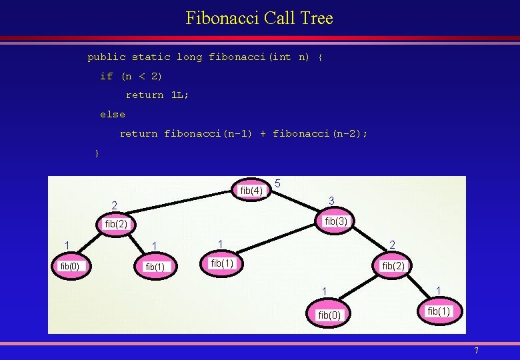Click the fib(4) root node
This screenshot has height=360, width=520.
coord(251,191)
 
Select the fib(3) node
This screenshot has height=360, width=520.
coord(336,221)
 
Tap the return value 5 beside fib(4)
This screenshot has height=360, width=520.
coord(277,183)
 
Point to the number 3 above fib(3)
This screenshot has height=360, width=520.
coord(331,201)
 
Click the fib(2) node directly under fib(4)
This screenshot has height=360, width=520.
coord(116,224)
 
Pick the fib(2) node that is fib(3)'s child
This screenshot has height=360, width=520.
coord(393,266)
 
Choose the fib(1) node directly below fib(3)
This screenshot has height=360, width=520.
coord(222,263)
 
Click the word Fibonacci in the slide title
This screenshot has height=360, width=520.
coord(222,18)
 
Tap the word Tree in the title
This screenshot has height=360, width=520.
coord(316,18)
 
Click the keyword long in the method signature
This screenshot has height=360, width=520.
coord(189,57)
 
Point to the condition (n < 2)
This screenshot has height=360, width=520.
coord(141,76)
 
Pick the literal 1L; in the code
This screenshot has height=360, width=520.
coord(180,95)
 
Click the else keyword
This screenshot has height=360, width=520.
coord(112,115)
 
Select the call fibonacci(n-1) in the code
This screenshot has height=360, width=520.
coord(208,134)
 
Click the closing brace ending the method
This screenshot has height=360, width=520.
coord(97,153)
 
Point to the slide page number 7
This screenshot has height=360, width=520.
coord(476,351)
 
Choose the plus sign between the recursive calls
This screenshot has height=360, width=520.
coord(263,134)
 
